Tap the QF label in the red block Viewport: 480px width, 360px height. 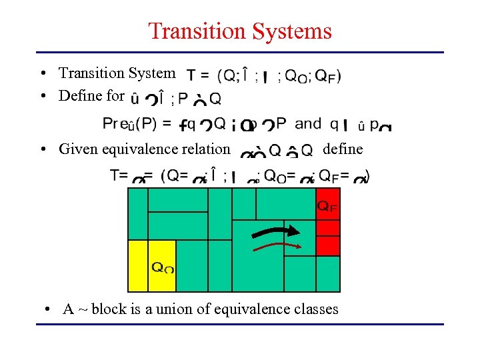[x=327, y=207]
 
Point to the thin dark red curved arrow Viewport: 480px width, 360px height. [x=276, y=246]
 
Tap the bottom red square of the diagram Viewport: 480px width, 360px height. [x=327, y=245]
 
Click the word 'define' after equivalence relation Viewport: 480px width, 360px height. [x=343, y=149]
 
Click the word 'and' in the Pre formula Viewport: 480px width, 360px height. [x=307, y=123]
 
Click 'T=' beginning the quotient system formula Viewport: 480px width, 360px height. [x=119, y=175]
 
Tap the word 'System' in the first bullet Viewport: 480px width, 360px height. [x=153, y=73]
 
